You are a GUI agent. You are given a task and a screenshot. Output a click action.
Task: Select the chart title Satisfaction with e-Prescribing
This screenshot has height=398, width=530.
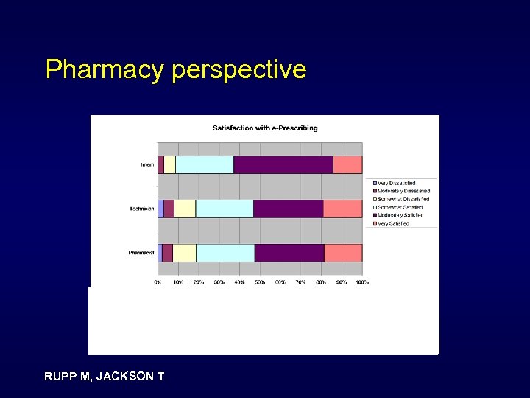[265, 128]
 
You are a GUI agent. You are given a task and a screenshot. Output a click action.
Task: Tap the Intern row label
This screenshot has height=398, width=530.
[147, 165]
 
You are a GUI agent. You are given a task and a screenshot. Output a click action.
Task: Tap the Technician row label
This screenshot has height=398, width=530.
[141, 209]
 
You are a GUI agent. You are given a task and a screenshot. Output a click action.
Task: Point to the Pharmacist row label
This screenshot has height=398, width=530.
[141, 253]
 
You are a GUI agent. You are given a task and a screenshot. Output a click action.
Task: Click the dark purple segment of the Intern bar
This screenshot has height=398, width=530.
[283, 165]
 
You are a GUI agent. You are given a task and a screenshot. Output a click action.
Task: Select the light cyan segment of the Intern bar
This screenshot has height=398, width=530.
[205, 165]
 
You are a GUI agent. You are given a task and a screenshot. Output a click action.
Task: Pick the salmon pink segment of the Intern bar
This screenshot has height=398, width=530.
[347, 165]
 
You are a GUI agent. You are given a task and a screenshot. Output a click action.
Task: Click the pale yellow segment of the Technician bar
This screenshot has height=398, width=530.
[185, 209]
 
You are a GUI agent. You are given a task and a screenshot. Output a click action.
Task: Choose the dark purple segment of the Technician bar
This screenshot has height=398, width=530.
[289, 209]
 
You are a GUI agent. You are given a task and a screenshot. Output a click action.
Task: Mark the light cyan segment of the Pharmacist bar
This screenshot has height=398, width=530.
[225, 253]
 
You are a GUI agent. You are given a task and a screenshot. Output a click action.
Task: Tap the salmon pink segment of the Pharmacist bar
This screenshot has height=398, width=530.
[343, 253]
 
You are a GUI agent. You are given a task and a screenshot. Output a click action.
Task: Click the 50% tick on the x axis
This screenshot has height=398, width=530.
[260, 282]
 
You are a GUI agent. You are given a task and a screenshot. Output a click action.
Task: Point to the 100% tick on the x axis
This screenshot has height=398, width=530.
[362, 282]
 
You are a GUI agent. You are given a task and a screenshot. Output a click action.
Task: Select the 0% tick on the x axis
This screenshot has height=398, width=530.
[158, 282]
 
